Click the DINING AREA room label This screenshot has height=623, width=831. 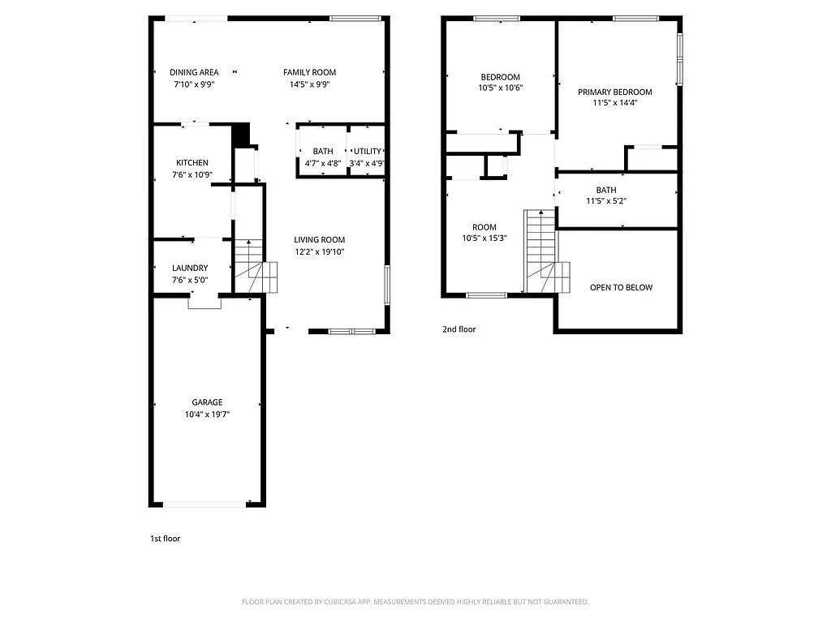194,72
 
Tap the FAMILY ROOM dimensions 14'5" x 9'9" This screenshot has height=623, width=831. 309,84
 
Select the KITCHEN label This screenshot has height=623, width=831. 192,163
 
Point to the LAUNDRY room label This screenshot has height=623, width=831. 190,269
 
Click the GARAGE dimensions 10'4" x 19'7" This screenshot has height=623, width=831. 207,415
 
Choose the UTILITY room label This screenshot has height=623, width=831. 367,152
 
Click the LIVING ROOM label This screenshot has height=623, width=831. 319,240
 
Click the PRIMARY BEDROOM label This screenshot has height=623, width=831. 614,92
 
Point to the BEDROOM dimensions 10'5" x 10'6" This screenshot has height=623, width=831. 500,88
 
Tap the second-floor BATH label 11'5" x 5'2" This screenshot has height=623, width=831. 606,191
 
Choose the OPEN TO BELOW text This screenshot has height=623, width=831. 621,287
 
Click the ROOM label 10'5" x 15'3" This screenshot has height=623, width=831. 484,228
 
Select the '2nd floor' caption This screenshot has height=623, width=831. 459,329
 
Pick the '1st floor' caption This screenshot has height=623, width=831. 165,539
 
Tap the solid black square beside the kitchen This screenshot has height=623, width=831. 241,135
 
